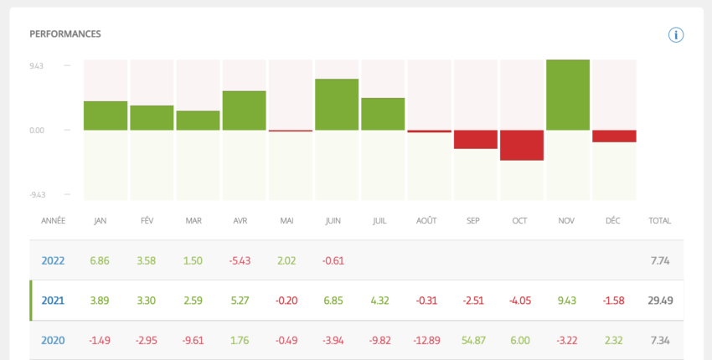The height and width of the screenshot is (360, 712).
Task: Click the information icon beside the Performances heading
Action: coord(676,34)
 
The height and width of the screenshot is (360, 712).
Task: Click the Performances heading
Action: coord(65,34)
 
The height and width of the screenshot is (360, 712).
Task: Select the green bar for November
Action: coord(568,95)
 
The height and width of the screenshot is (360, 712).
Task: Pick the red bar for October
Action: coord(522,145)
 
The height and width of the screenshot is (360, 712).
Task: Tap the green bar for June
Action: coord(337,105)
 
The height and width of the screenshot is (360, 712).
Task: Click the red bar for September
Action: coord(476,139)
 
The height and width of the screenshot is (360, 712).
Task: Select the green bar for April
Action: coord(244,111)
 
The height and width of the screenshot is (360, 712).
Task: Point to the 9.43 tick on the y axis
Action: coord(36,65)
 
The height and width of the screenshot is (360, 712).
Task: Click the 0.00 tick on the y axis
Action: coord(36,130)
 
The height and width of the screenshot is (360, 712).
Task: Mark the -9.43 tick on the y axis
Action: coord(36,194)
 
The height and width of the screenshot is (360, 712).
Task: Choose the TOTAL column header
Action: coord(660,221)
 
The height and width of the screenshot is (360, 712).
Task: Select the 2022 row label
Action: coord(53,261)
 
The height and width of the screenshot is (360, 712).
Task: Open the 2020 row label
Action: coord(53,340)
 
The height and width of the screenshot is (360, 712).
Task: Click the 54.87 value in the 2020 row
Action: coord(476,340)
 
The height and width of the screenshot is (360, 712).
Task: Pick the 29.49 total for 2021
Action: coord(660,301)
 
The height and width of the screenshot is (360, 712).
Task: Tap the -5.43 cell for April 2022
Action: coord(240,261)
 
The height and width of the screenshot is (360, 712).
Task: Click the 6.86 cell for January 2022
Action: coord(100,261)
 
